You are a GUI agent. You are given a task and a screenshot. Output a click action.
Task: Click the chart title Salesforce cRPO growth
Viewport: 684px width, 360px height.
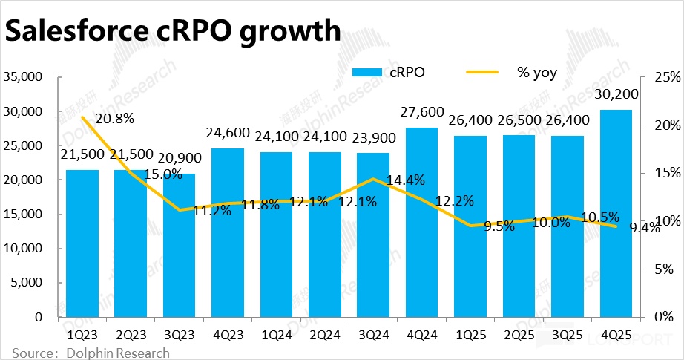173,32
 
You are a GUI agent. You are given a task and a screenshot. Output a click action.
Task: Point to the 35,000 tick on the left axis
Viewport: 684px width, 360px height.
25,77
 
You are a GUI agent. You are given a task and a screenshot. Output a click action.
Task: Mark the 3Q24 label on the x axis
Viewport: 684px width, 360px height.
373,333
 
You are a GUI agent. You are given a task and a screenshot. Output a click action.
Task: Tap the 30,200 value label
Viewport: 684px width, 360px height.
616,94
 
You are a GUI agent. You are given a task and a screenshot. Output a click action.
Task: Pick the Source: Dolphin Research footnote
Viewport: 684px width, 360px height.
91,353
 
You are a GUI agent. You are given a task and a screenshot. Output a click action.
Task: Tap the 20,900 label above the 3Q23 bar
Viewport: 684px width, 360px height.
179,157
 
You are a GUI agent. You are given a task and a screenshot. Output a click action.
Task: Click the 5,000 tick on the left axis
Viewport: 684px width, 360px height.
29,283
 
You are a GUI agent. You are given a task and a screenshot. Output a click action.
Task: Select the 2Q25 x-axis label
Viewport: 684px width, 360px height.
519,333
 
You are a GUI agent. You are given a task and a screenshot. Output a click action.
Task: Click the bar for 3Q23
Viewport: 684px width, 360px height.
179,246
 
